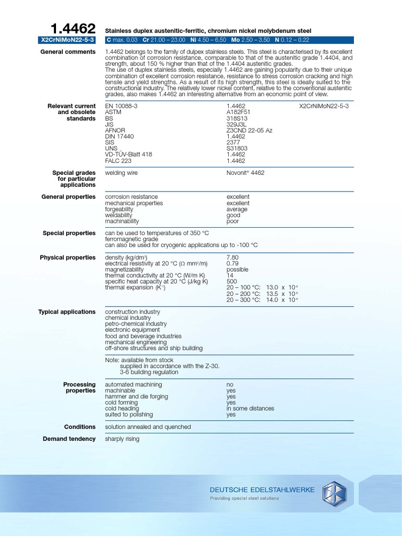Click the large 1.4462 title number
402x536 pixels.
(x=73, y=28)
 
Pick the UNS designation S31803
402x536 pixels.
(x=237, y=148)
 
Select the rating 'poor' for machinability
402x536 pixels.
(x=232, y=221)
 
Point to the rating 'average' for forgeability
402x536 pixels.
(x=237, y=209)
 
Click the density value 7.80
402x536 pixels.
(x=232, y=258)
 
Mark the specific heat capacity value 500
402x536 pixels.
(x=231, y=282)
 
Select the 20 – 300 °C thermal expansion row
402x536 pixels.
(x=262, y=300)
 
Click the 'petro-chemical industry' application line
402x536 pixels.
(x=136, y=324)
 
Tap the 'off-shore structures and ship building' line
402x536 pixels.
(x=154, y=348)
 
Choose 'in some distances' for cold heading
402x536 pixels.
(x=250, y=408)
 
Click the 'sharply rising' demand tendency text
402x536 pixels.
(x=122, y=439)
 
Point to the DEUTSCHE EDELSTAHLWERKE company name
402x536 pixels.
(x=262, y=490)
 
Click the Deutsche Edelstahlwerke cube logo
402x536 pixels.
(x=334, y=493)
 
